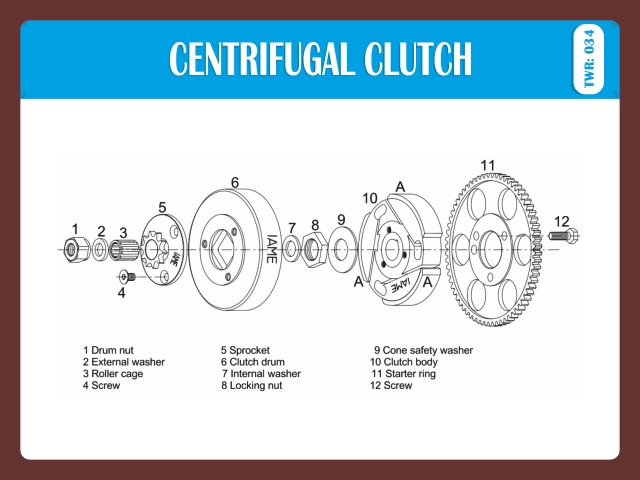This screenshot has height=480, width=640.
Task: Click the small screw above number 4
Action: coord(126,275)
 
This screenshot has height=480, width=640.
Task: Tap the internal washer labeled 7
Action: coord(291,247)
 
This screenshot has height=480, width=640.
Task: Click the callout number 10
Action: coord(370,198)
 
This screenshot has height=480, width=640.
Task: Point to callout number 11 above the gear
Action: coord(488,166)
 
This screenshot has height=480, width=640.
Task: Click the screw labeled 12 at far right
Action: coord(566,237)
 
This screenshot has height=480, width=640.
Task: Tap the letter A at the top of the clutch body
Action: coord(400,187)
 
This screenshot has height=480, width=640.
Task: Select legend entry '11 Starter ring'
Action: coord(407,373)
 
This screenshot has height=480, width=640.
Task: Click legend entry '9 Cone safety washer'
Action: coord(423,350)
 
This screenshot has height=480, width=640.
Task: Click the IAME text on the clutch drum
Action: coord(271,250)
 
